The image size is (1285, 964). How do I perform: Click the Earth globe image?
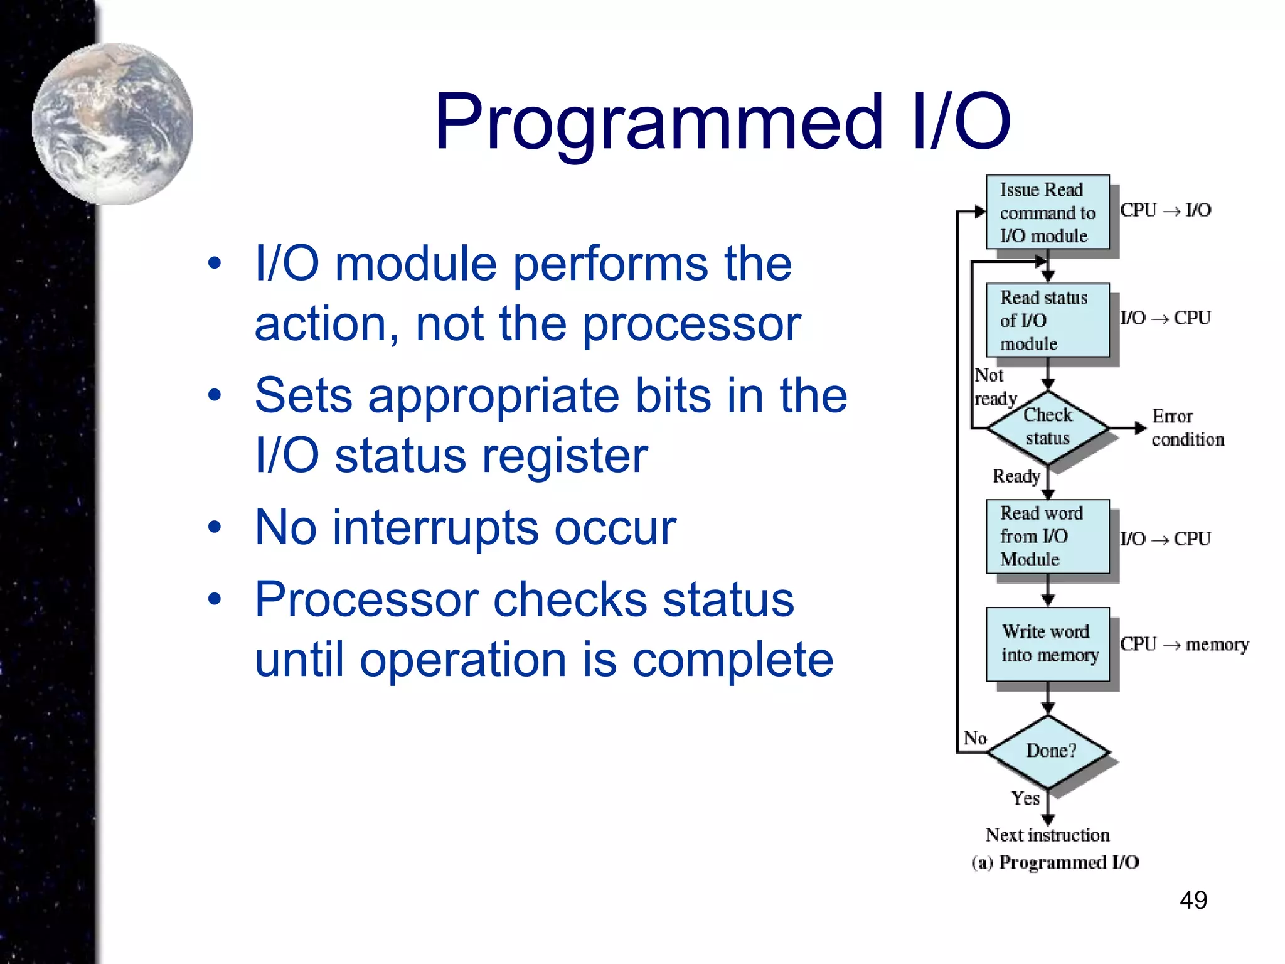pyautogui.click(x=113, y=123)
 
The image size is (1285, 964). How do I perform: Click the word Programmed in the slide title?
pyautogui.click(x=659, y=122)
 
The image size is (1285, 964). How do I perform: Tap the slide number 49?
pyautogui.click(x=1193, y=900)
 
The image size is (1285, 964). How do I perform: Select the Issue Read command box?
pyautogui.click(x=1047, y=212)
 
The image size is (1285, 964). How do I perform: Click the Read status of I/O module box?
pyautogui.click(x=1047, y=320)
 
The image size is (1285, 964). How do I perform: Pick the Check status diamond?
pyautogui.click(x=1047, y=427)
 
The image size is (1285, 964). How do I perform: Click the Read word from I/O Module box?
pyautogui.click(x=1047, y=536)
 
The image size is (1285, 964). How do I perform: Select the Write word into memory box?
pyautogui.click(x=1047, y=643)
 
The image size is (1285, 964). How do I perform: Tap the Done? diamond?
pyautogui.click(x=1049, y=751)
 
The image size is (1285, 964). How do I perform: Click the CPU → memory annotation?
pyautogui.click(x=1184, y=645)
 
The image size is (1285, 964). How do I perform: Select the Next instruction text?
pyautogui.click(x=1047, y=835)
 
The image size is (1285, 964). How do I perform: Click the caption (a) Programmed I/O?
pyautogui.click(x=1055, y=862)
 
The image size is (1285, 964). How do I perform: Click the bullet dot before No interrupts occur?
pyautogui.click(x=215, y=527)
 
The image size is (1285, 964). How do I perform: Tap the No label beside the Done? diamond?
pyautogui.click(x=974, y=738)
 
